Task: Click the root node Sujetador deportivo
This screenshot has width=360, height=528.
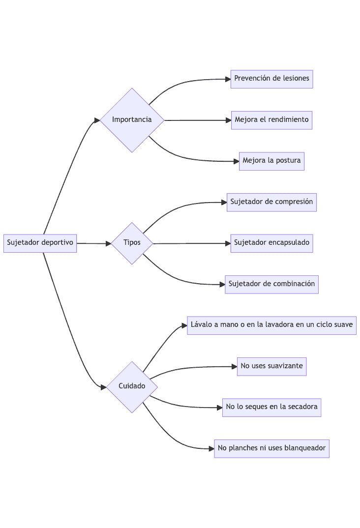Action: (40, 243)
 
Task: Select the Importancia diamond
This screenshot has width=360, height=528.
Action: (132, 120)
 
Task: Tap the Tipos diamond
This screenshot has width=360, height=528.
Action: (132, 243)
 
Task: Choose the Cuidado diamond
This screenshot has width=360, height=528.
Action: (132, 386)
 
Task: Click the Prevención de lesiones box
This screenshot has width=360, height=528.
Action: (271, 79)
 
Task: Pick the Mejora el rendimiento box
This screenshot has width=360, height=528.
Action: (271, 120)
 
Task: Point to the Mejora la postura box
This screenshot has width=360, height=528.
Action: (271, 161)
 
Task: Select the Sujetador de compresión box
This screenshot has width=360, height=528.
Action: (271, 202)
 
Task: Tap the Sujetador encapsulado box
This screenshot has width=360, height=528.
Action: (271, 243)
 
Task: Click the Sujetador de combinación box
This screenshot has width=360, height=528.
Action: (271, 284)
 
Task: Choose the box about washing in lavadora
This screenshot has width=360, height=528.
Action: (271, 325)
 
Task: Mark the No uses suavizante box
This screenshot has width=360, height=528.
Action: (271, 366)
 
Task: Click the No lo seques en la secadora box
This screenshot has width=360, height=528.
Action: (271, 407)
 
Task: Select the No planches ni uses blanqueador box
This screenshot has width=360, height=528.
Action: (271, 448)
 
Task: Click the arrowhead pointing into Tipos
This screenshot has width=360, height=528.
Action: (108, 243)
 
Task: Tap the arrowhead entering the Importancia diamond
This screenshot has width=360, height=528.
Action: (97, 120)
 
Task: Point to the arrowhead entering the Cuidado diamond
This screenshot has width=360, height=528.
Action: (103, 387)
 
